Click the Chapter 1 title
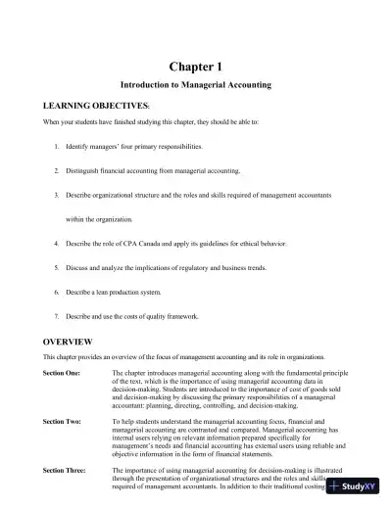tap(195, 66)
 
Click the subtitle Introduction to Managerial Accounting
tap(195, 85)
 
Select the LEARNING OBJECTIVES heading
tap(97, 104)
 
